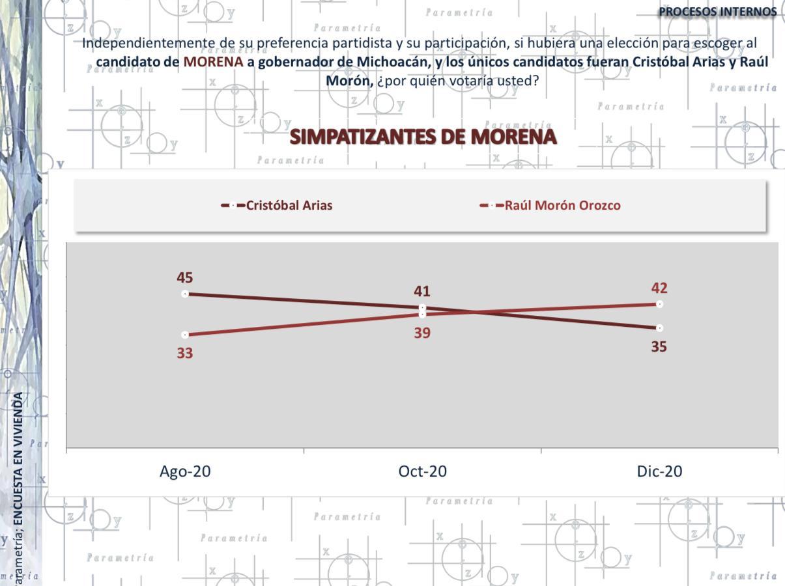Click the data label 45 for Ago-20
184,278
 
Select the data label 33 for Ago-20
184,353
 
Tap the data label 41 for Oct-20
421,291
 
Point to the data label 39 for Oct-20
422,333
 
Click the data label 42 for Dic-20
659,288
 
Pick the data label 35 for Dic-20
659,346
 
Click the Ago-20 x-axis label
185,471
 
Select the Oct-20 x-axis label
422,471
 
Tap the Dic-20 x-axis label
659,471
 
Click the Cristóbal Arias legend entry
289,205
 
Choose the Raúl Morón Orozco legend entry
562,205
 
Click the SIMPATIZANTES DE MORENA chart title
423,137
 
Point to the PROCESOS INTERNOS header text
717,12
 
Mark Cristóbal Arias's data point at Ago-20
185,294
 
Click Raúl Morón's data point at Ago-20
185,335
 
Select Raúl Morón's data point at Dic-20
660,304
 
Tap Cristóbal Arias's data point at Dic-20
660,328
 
